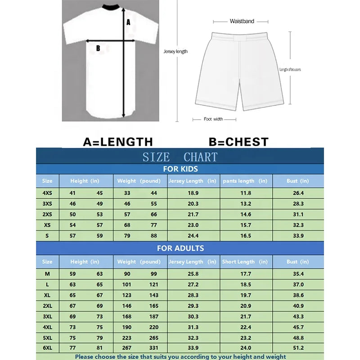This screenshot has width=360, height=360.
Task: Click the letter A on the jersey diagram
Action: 128,22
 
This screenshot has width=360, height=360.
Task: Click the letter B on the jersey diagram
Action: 98,48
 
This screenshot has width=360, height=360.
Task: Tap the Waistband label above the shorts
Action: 242,21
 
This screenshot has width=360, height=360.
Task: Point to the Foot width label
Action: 213,119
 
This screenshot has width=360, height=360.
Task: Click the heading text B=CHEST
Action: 238,142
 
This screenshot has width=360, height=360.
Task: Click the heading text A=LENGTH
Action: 118,142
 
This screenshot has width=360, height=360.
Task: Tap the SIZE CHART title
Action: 180,157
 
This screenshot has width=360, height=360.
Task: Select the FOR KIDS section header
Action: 180,169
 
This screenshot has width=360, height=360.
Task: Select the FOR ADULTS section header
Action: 180,248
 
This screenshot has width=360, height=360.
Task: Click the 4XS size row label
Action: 47,193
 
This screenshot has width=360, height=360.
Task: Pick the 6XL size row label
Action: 47,347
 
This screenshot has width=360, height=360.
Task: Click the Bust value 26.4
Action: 298,193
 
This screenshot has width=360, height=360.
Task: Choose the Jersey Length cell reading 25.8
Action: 193,274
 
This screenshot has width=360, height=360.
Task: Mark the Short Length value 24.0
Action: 246,347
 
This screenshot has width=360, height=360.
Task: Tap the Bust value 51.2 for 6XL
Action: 298,347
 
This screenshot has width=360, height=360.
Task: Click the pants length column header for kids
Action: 245,181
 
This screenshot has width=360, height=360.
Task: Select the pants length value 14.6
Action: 246,214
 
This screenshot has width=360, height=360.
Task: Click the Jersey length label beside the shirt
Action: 175,52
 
